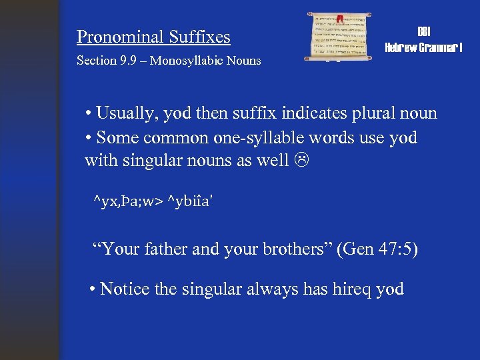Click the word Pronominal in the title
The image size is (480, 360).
pos(120,37)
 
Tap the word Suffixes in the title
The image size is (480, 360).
pos(199,37)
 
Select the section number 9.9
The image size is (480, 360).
pos(129,61)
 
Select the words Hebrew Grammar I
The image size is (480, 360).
pos(423,47)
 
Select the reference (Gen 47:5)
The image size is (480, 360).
pos(377,250)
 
